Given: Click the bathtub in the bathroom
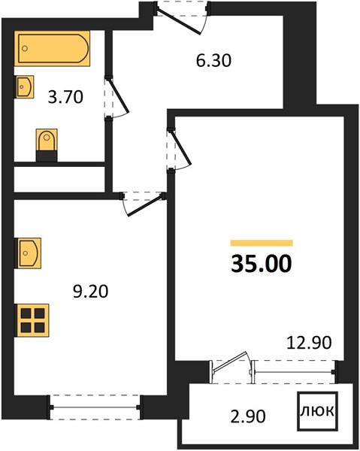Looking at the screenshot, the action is pos(52,48).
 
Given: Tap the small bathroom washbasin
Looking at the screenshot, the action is pos(24,86).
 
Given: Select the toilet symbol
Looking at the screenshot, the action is pos(47,145).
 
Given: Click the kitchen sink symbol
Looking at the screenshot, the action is pos(28,253).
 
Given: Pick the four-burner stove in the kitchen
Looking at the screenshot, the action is pos(32,320).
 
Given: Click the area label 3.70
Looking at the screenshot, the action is pos(65,97).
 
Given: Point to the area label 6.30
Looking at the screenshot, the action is pos(213,61).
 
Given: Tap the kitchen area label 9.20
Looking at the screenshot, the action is pos(91,292).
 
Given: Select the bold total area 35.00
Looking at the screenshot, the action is pos(262,264).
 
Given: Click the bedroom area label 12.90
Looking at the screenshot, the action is pos(309,343).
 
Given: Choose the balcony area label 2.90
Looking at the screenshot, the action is pos(248,416).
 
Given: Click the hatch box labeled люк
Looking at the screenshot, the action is pos(317,411).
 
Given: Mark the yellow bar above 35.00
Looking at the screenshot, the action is pos(262,243).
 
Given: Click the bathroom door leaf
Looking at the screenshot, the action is pos(117,95).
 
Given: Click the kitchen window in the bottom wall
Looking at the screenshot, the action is pos(95,407).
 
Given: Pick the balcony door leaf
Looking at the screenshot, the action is pos(229,362).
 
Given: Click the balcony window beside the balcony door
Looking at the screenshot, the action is pos(293,372).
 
